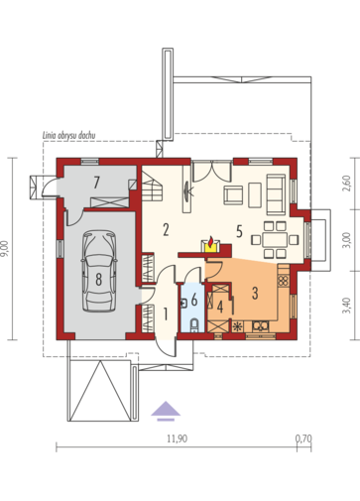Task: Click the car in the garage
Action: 99,271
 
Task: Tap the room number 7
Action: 96,183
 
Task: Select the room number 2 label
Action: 166,229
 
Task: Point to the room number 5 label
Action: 239,232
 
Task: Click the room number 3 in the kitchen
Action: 255,293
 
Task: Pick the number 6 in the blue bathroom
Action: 194,300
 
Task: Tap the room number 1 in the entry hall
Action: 166,314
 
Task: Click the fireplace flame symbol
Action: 210,242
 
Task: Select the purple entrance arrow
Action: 166,411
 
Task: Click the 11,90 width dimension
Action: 177,438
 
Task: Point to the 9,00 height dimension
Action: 6,249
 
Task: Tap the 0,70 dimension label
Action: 303,438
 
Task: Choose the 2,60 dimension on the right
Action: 347,183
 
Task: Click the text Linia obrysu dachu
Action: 69,135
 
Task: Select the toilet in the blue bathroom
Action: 194,324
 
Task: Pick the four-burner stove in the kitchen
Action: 283,281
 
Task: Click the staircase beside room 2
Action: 152,186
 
